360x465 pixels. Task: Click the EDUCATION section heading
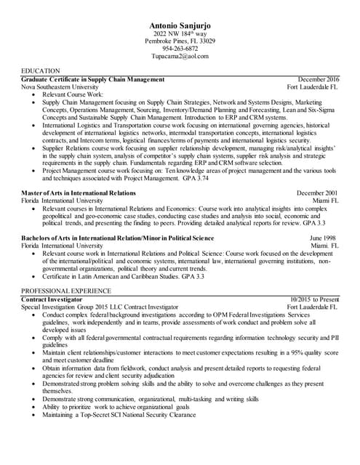41,70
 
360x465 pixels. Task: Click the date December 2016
318,78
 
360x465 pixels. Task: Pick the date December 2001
318,193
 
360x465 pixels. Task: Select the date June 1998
324,238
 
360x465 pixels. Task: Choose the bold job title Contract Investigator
52,299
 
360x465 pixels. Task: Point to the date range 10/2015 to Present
313,299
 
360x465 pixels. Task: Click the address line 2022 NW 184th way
180,34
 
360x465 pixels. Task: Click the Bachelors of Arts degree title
117,238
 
